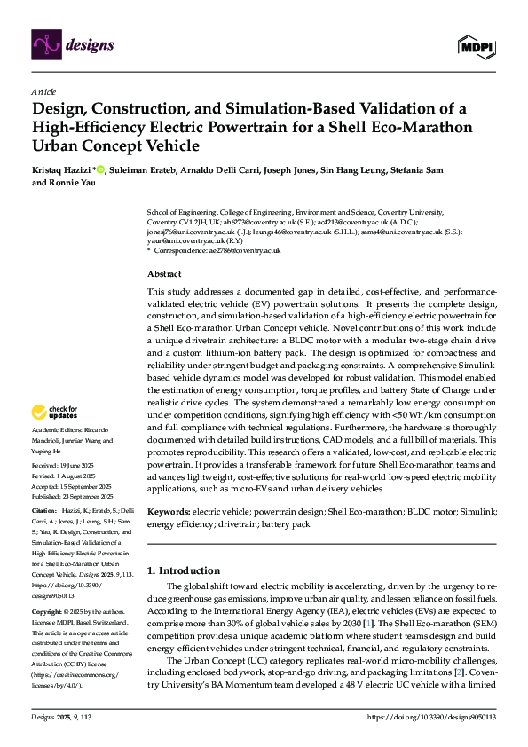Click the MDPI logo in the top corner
[476, 45]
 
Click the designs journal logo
[70, 42]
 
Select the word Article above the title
[43, 91]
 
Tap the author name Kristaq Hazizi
[62, 169]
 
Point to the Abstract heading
[164, 274]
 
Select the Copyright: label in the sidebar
[48, 612]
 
